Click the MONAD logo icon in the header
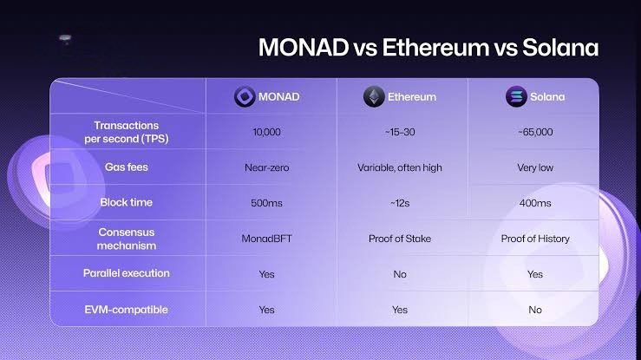click(x=245, y=96)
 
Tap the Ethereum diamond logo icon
click(x=374, y=96)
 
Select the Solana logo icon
click(x=515, y=96)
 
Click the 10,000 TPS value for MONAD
click(x=266, y=132)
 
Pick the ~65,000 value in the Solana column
click(x=534, y=132)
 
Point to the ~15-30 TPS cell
click(x=400, y=132)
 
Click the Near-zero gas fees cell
click(x=266, y=167)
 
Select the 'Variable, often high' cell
click(x=400, y=167)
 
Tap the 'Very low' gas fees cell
click(x=534, y=167)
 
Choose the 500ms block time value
click(x=266, y=202)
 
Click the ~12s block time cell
click(x=400, y=202)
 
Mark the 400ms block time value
click(x=534, y=202)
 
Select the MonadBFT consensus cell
click(x=266, y=239)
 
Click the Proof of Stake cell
click(x=400, y=239)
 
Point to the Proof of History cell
click(x=534, y=239)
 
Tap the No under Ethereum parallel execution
click(x=400, y=274)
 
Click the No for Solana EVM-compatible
click(x=534, y=310)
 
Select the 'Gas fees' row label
click(x=128, y=167)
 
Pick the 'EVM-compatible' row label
click(x=128, y=309)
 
